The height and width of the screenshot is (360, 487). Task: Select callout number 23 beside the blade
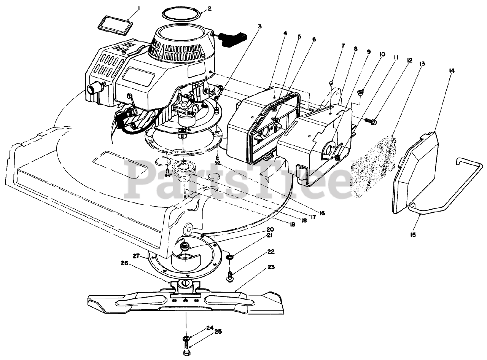[x=271, y=267]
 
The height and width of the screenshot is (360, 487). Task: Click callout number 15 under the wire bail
[x=413, y=235]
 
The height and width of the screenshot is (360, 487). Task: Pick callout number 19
[x=292, y=225]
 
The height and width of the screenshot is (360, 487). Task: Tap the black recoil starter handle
[x=233, y=39]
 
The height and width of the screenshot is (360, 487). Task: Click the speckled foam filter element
[x=374, y=167]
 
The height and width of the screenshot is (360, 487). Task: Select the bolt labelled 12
[x=371, y=121]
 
